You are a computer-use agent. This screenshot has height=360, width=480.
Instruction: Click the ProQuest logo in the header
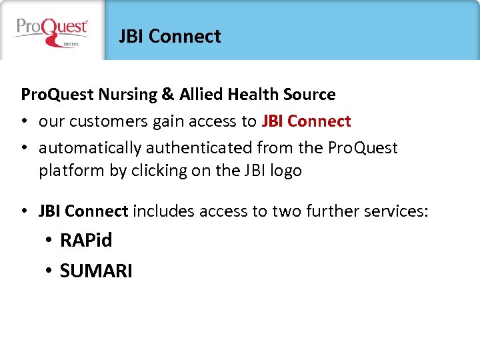coord(52,31)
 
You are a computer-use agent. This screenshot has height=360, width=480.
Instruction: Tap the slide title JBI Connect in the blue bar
coord(169,36)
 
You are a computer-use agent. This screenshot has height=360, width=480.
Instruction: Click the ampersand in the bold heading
coord(168,95)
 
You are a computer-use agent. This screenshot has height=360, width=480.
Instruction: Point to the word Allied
coord(200,95)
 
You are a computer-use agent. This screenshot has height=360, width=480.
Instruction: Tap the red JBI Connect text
coord(306,121)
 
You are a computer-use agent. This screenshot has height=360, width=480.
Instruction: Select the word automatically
coord(90,147)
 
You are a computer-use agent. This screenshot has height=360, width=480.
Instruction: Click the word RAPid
coord(86,240)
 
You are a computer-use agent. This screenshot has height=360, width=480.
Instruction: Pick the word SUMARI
coord(96,271)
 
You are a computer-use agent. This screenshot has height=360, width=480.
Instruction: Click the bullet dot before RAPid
coord(49,241)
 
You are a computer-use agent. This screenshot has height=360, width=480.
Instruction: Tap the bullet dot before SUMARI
coord(49,271)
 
